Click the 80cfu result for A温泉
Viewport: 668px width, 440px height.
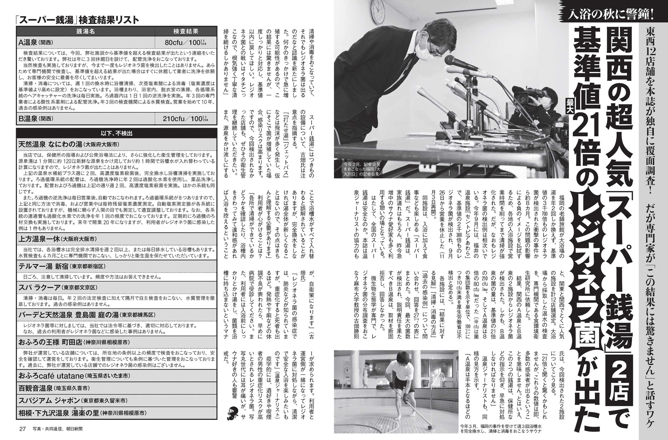(186, 43)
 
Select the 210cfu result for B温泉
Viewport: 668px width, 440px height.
(186, 119)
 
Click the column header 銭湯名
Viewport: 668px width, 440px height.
(86, 31)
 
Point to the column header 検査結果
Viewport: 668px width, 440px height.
(186, 31)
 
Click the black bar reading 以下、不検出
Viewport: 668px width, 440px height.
(117, 133)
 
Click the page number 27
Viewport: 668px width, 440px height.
(22, 429)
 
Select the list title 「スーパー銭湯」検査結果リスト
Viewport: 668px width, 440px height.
(77, 20)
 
